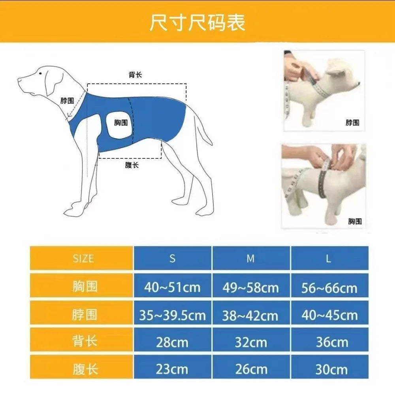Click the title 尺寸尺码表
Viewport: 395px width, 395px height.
pos(197,23)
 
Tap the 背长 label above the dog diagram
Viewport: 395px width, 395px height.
pos(135,75)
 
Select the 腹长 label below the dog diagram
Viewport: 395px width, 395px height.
pos(132,165)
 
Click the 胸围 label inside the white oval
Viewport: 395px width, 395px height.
pos(121,123)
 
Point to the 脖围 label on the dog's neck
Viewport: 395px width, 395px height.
pos(67,101)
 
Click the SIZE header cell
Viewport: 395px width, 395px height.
pos(83,259)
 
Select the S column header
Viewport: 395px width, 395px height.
pos(172,259)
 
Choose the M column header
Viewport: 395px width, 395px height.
pos(251,259)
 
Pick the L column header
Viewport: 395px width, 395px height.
pos(329,259)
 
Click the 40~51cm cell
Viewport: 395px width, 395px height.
pos(172,287)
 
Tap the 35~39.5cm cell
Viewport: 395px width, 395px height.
pos(172,315)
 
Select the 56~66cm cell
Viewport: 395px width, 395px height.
pos(329,288)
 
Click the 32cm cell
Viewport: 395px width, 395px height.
pos(251,342)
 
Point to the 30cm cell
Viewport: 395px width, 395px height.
pos(331,369)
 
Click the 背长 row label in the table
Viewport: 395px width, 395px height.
pos(85,341)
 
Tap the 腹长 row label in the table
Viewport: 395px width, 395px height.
pos(85,369)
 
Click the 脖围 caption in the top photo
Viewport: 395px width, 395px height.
pos(352,123)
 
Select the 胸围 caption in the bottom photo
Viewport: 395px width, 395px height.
pos(354,222)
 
